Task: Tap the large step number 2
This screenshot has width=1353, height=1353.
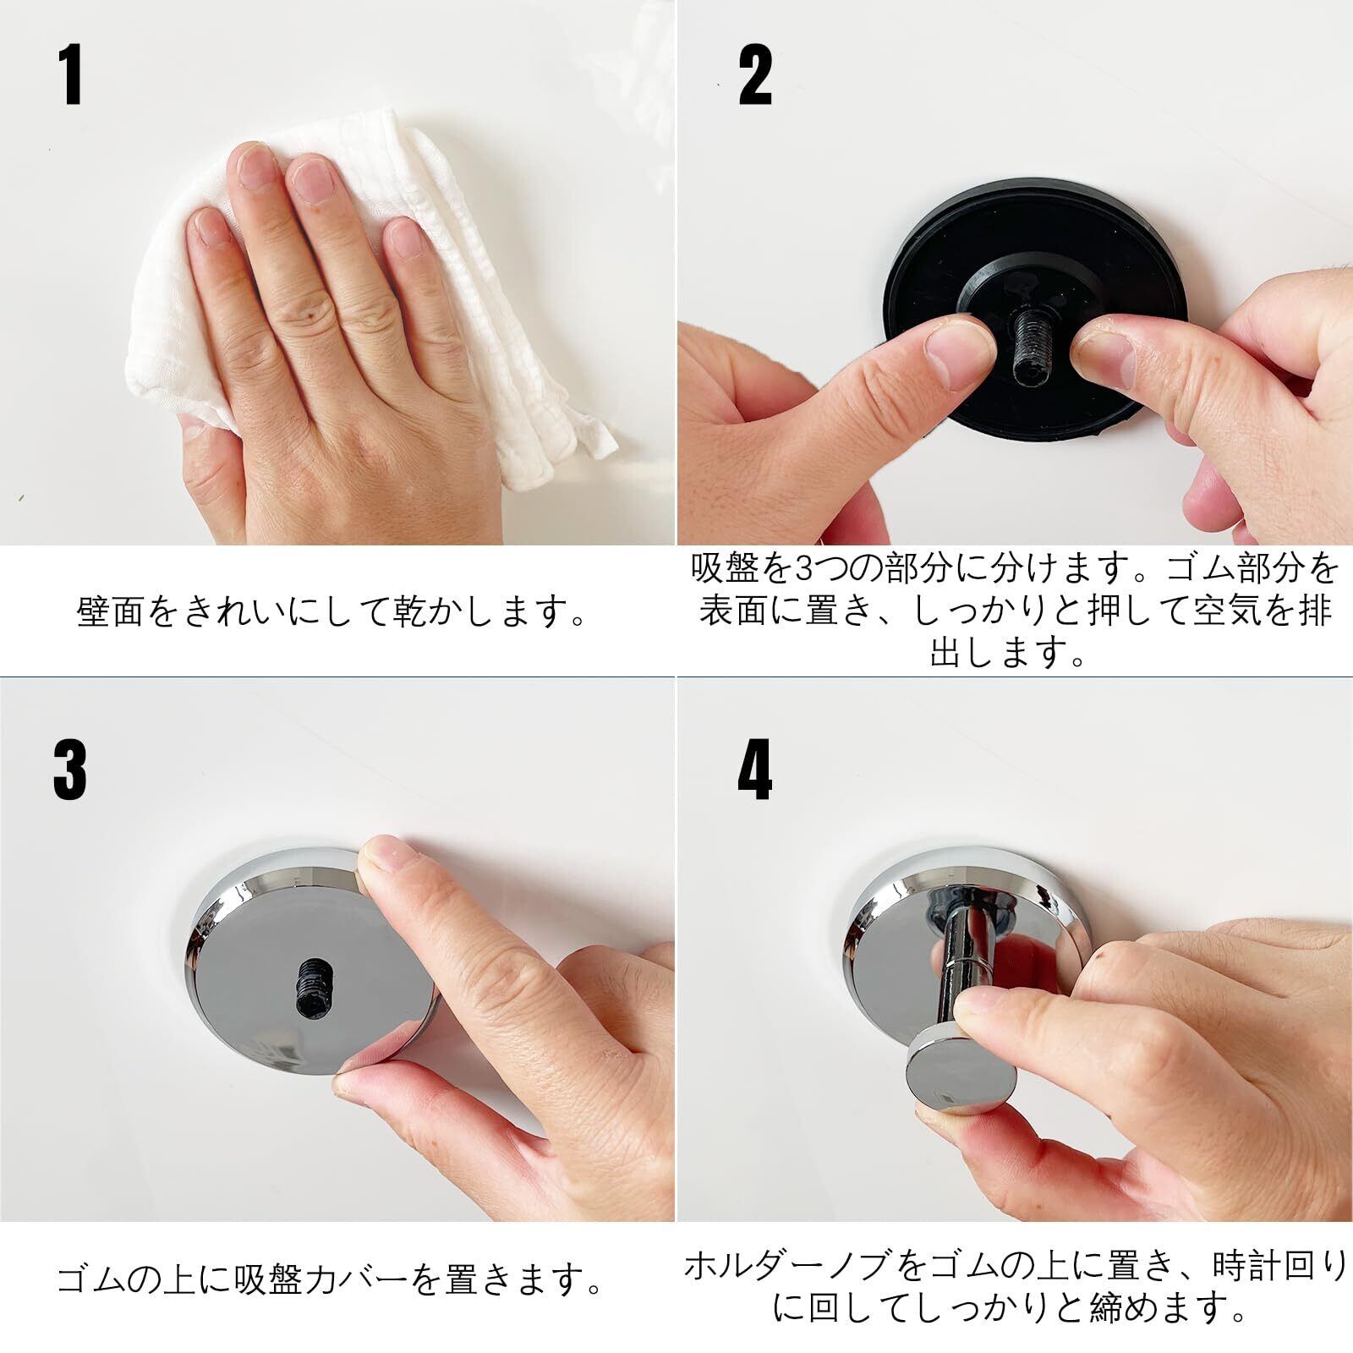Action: tap(755, 76)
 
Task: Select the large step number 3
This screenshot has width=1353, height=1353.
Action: tap(69, 770)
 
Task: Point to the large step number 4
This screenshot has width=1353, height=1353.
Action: tap(755, 770)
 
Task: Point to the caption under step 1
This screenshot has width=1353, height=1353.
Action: tap(332, 611)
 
